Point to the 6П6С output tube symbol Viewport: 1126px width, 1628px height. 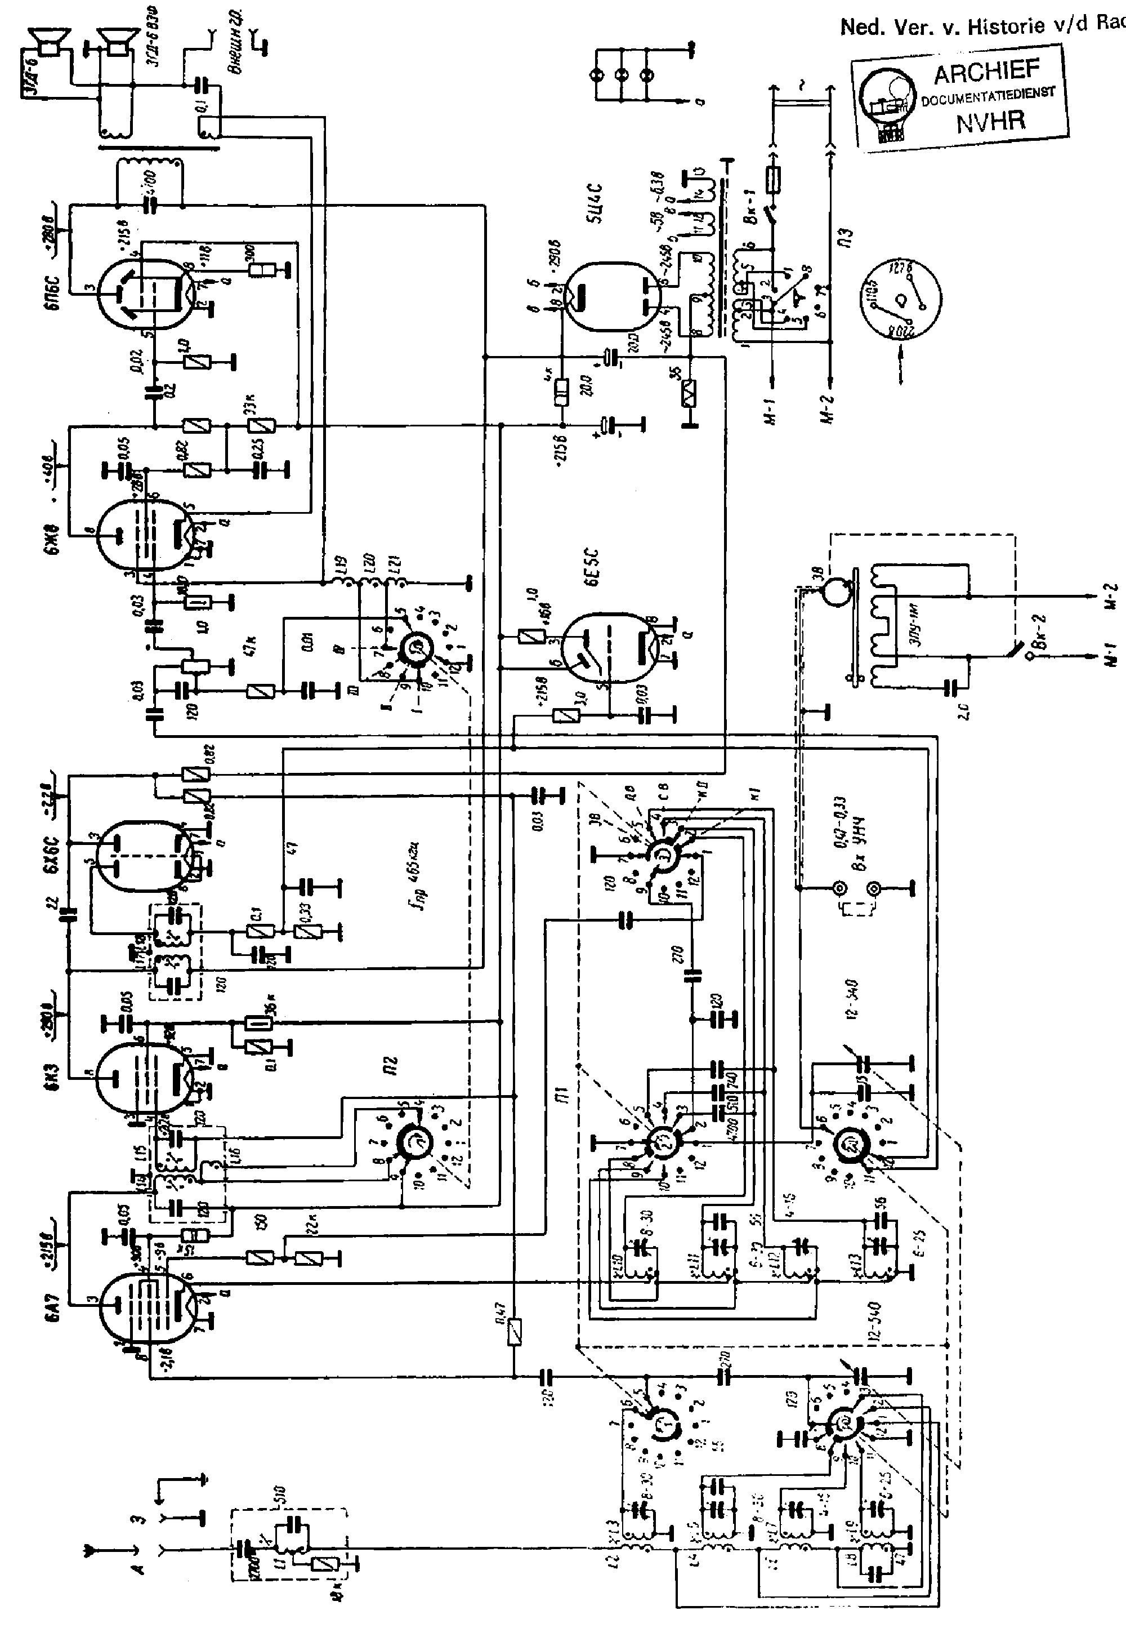pos(145,292)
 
